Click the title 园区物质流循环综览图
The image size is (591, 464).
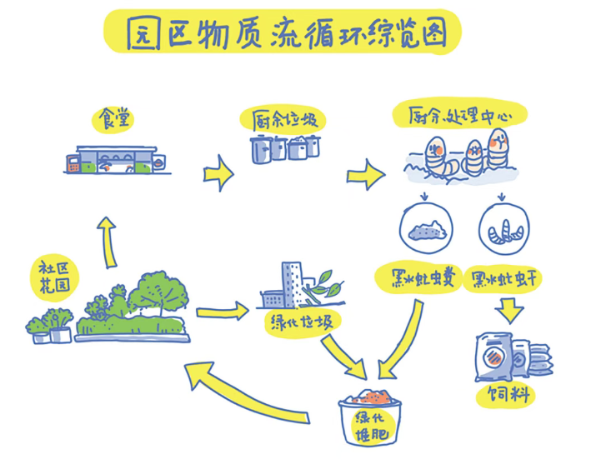pyautogui.click(x=283, y=33)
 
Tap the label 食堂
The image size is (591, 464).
pyautogui.click(x=117, y=117)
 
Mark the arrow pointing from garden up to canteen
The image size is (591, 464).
pyautogui.click(x=107, y=240)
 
